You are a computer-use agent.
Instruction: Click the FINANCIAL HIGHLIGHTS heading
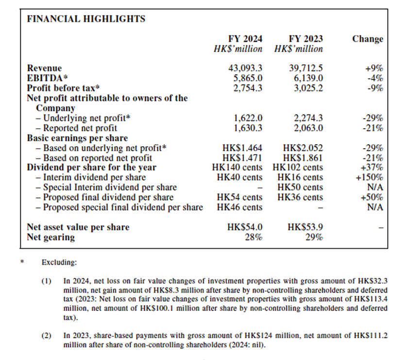coord(86,19)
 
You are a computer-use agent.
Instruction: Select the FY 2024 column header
coord(245,39)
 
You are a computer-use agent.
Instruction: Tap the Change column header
coord(368,39)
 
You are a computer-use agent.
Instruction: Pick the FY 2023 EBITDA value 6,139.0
coord(306,78)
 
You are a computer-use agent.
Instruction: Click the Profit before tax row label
coord(64,88)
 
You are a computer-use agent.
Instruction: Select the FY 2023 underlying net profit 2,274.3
coord(306,118)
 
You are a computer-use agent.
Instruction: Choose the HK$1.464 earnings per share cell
coord(242,148)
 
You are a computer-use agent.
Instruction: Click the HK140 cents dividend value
coord(239,168)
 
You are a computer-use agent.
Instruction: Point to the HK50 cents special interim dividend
coord(300,188)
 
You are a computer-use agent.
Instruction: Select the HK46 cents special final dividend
coord(239,207)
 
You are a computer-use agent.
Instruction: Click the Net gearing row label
coord(51,237)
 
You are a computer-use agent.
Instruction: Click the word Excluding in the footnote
coord(59,262)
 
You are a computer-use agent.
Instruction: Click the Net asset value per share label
coord(78,227)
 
